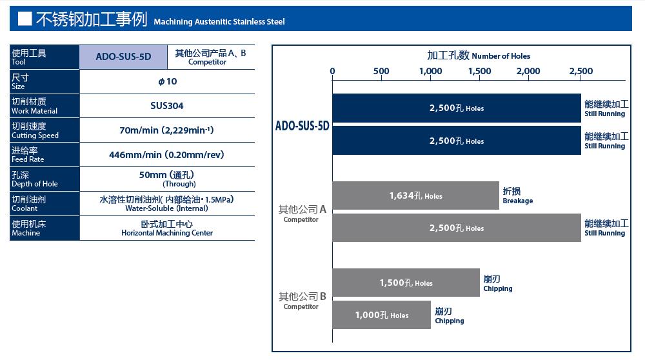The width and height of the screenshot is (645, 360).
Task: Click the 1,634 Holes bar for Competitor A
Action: pos(415,195)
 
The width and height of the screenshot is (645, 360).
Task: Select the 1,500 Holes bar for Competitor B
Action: pos(406,283)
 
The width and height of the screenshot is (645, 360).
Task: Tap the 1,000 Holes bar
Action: pos(381,315)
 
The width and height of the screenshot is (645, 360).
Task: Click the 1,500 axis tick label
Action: pos(480,71)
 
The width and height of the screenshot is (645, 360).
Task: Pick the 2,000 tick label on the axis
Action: pos(529,71)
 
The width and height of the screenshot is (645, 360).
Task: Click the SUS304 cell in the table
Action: pos(167,106)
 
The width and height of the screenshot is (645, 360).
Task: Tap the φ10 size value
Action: pos(168,81)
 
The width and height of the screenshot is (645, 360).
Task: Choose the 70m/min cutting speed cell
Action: pos(167,130)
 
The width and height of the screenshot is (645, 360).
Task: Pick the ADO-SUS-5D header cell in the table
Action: pos(123,57)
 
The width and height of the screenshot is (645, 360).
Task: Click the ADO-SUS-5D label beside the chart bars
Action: pos(303,126)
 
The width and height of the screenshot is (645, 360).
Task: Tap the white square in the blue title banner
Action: pos(25,19)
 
